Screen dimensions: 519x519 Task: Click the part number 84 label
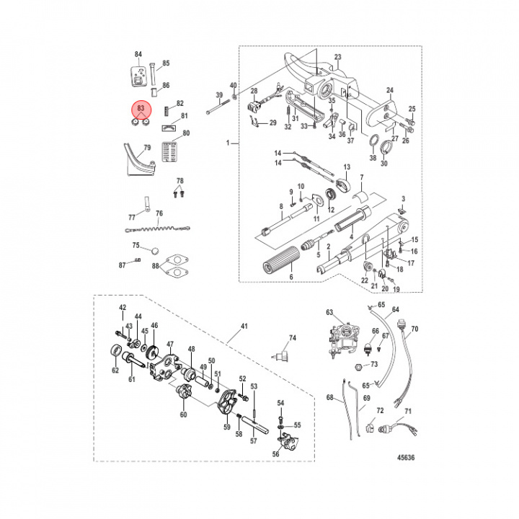point(138,55)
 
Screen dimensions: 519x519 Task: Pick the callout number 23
point(337,57)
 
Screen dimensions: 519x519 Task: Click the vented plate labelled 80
point(170,152)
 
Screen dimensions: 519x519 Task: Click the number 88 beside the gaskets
point(156,267)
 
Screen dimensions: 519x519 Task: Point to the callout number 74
point(293,338)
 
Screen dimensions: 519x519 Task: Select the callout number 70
point(414,332)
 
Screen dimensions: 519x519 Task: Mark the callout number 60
point(183,414)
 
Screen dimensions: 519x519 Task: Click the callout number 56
point(276,455)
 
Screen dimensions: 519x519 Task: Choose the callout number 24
point(389,90)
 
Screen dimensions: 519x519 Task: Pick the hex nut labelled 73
point(358,366)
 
